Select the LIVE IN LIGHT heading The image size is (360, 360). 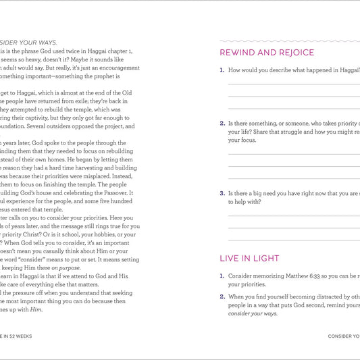point(249,258)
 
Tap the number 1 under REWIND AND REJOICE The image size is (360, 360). point(222,70)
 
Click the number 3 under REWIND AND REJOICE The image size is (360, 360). point(222,192)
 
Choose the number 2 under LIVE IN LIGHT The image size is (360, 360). point(222,297)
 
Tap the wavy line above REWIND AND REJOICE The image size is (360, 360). point(290,41)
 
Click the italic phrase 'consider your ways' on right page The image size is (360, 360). point(253,313)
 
